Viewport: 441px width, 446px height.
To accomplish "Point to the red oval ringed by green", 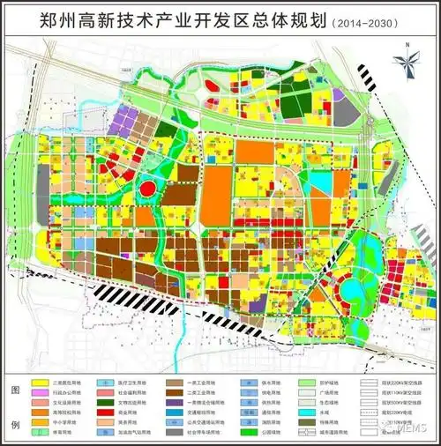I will [x=148, y=187].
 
